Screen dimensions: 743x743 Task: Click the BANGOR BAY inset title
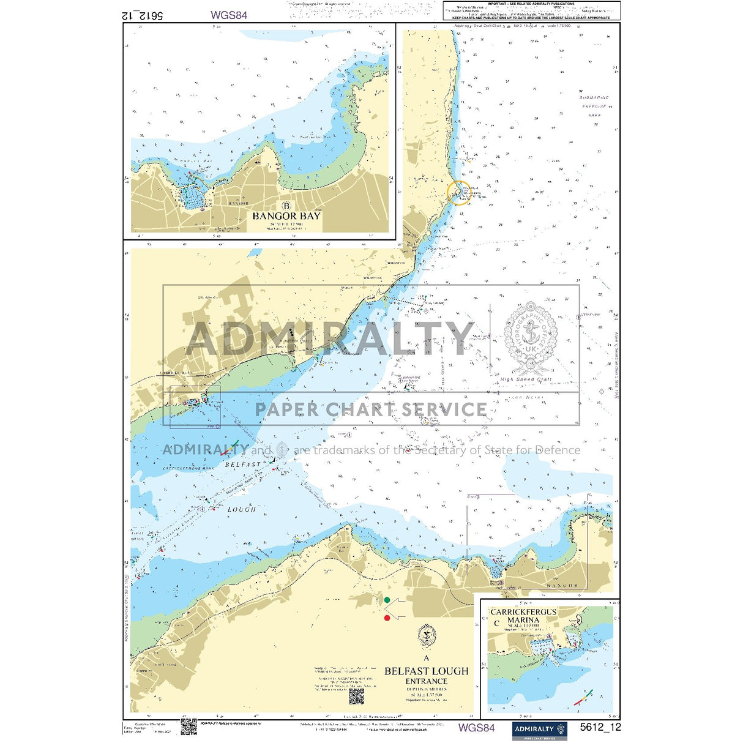point(286,216)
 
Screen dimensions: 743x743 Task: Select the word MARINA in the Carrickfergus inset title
point(523,619)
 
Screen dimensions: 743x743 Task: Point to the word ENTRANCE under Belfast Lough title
point(426,681)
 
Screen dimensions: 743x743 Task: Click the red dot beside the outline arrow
point(387,618)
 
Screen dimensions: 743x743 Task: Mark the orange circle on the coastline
point(458,193)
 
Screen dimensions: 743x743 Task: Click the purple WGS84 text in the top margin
point(229,15)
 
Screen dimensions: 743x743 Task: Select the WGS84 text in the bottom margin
point(476,728)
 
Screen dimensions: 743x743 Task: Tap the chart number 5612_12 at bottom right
point(600,728)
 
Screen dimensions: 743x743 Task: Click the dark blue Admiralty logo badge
point(539,730)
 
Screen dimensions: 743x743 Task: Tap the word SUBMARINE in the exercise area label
point(594,98)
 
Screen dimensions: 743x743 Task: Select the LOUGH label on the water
point(242,510)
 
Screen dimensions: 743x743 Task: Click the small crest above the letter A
point(426,637)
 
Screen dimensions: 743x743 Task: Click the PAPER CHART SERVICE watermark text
point(371,409)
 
